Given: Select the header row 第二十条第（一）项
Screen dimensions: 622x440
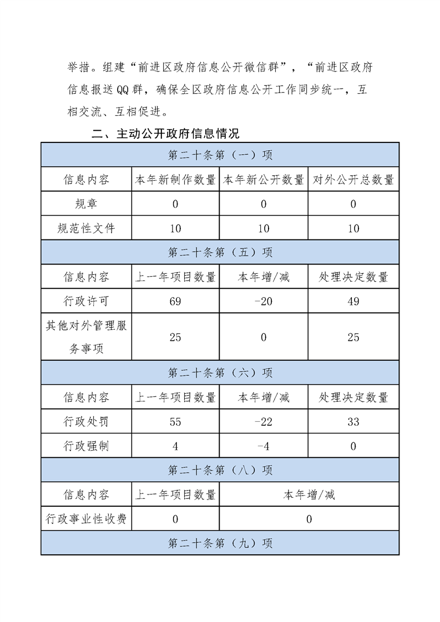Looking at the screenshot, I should pos(220,155).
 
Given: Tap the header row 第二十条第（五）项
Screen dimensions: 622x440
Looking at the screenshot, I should pos(220,252).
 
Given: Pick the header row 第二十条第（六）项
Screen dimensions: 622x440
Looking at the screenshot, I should pos(220,373).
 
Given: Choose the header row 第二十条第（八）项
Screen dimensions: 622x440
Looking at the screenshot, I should pos(220,470).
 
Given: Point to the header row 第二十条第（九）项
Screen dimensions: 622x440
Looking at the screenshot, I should pos(220,543).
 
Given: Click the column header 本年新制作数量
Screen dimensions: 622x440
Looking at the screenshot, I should pos(175,180).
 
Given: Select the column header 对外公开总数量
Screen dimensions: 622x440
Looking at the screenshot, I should pos(353,180).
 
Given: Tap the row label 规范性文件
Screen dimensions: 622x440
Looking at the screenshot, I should pos(86,228).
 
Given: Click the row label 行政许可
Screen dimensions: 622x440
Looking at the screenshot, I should pos(86,301).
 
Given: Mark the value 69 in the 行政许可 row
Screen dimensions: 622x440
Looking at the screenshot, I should pos(175,301).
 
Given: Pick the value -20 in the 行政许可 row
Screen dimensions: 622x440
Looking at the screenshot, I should pos(264,301).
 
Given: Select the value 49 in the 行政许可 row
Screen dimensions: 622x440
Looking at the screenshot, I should pos(353,301).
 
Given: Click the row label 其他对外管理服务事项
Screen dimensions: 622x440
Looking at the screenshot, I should pos(86,337).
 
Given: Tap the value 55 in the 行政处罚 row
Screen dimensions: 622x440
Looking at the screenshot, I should pos(175,422).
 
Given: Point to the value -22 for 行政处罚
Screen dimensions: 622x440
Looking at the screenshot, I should pos(264,422).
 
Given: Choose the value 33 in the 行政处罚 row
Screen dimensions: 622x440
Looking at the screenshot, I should pos(353,422).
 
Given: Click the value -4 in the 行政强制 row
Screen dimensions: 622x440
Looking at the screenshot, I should pos(264,446).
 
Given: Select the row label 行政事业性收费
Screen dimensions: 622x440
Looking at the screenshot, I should pos(86,519).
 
